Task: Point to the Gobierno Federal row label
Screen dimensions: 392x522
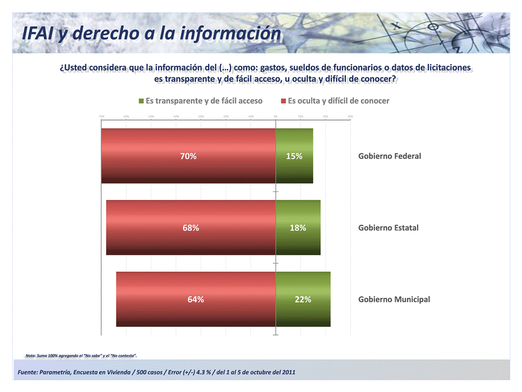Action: point(389,156)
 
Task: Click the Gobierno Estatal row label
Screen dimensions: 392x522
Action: point(388,228)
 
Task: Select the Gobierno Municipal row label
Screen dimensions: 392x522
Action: point(394,300)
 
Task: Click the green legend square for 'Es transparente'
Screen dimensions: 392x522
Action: point(142,101)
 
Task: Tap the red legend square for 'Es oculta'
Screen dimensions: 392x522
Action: point(284,101)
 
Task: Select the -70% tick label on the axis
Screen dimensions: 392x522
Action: point(101,116)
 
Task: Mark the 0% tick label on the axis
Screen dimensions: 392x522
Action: point(275,116)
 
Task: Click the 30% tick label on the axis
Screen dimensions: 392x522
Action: point(350,116)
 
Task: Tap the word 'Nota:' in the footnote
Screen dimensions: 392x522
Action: point(32,356)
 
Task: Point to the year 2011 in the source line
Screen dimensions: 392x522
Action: point(288,372)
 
